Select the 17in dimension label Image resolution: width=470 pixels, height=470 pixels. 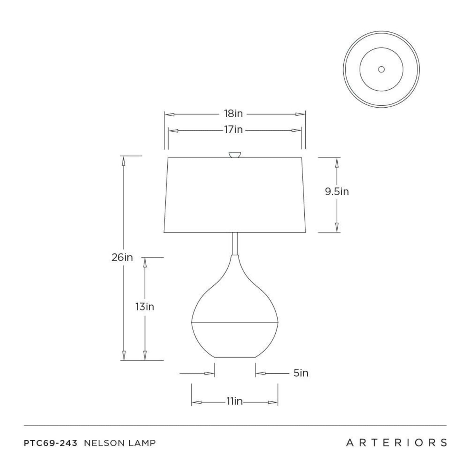233,130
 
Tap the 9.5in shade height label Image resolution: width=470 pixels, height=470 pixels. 337,192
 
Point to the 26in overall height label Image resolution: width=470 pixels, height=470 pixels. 122,257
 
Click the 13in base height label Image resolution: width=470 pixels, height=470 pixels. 144,307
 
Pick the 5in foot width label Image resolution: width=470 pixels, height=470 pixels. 301,373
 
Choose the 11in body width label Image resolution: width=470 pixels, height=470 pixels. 234,401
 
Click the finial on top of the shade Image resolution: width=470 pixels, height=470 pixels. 234,155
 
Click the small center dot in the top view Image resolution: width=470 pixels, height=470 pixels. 381,69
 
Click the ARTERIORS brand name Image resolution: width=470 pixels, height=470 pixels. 396,443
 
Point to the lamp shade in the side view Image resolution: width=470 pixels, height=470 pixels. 235,196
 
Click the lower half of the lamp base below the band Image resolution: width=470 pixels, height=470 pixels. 235,339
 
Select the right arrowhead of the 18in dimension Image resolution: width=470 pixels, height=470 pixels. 300,114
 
